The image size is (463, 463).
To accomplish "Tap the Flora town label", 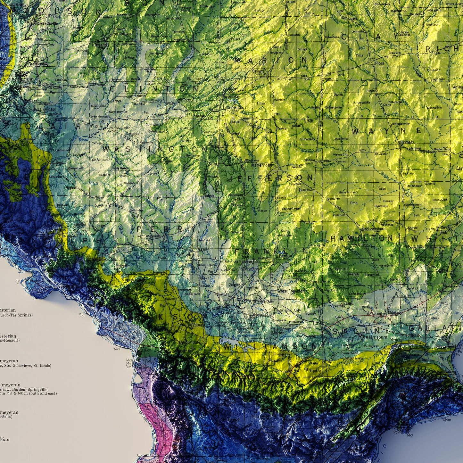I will (x=380, y=63).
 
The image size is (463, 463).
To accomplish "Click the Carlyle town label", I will (x=160, y=78).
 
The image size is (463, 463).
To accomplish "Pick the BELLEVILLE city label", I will (x=44, y=109).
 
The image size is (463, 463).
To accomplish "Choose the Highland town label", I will (x=98, y=45).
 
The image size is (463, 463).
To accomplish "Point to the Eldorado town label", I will (x=395, y=312).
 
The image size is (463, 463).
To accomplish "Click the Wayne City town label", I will (x=341, y=154).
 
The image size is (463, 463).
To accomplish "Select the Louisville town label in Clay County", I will (x=358, y=31).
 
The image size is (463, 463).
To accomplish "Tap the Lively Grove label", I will (x=120, y=168).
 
